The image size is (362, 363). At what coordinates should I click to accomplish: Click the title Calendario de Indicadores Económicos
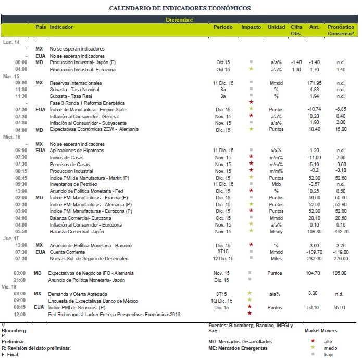[180, 8]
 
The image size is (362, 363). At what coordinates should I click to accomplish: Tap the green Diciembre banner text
[180, 20]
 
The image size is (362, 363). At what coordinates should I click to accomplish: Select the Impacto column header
[251, 27]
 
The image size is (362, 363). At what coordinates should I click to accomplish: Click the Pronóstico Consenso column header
[341, 30]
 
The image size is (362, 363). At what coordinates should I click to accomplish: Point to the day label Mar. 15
[11, 76]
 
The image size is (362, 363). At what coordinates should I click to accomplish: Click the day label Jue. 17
[11, 239]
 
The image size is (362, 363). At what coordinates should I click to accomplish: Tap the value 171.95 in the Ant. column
[315, 83]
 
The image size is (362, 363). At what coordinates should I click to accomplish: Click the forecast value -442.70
[341, 231]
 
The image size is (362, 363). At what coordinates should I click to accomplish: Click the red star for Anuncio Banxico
[251, 245]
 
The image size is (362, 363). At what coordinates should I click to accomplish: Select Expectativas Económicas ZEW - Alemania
[90, 129]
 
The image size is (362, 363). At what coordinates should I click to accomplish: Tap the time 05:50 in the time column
[21, 231]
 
